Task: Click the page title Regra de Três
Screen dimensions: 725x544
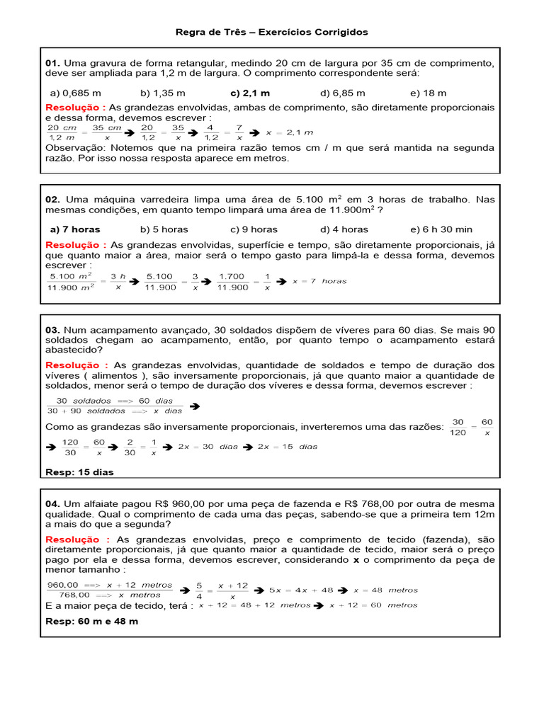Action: [272, 33]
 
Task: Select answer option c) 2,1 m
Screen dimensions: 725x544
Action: [250, 93]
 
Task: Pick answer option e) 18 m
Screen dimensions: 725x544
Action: [428, 93]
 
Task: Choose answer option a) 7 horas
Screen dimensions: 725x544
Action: [75, 229]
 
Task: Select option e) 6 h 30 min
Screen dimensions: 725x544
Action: [441, 229]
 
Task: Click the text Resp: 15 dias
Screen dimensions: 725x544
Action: [79, 472]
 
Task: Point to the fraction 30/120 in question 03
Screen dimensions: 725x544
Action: [458, 427]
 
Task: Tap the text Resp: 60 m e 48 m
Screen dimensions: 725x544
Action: [91, 621]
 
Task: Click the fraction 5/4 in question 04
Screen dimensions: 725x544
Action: [199, 590]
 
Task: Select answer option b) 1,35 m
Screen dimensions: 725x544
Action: [163, 93]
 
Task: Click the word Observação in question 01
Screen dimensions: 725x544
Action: [73, 147]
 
